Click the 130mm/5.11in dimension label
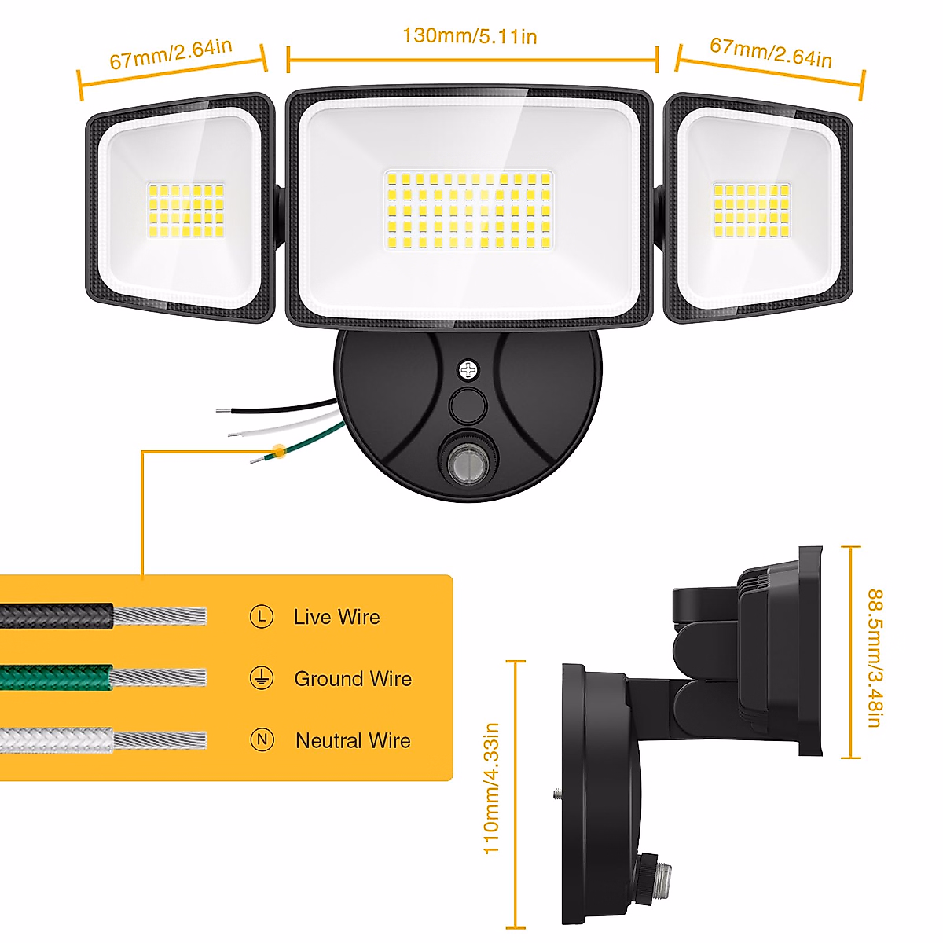[469, 36]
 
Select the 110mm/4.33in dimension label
[491, 788]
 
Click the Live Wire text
[336, 617]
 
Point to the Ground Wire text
[352, 678]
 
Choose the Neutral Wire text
[353, 740]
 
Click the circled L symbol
[262, 617]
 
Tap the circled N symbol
[262, 739]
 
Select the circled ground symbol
[262, 678]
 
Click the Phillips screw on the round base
[468, 369]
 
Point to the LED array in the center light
[468, 211]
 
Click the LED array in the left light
[185, 211]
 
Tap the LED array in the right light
[751, 211]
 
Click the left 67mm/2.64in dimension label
[171, 53]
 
